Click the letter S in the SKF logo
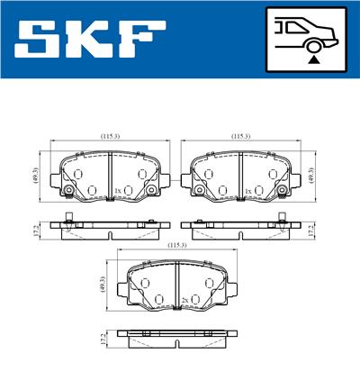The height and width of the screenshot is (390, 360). [39, 39]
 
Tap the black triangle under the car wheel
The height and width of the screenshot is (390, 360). [314, 59]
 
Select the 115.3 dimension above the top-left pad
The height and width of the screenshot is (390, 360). [110, 136]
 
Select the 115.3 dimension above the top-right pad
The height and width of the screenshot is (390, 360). [240, 136]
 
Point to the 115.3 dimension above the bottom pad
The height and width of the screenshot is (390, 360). [177, 245]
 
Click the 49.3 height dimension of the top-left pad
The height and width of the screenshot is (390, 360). [36, 177]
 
